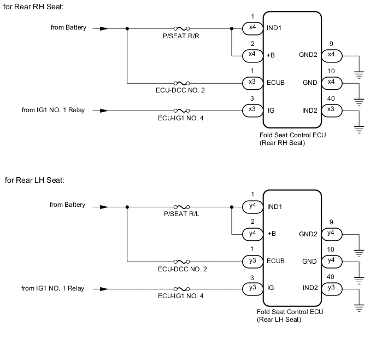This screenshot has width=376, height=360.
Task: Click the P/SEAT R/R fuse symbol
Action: pyautogui.click(x=181, y=28)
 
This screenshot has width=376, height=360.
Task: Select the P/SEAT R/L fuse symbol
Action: pyautogui.click(x=181, y=206)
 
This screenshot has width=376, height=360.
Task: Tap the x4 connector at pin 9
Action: pyautogui.click(x=332, y=55)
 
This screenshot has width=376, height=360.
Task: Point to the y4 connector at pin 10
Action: pyautogui.click(x=332, y=262)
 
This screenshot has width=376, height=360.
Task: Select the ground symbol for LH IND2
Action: pyautogui.click(x=359, y=307)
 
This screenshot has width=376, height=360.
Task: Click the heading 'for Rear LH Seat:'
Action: pyautogui.click(x=34, y=180)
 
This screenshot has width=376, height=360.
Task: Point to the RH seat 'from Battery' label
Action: pyautogui.click(x=68, y=27)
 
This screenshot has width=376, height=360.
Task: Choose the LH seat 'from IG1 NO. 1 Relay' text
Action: pyautogui.click(x=52, y=288)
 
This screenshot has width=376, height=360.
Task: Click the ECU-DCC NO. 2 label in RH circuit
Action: pyautogui.click(x=181, y=90)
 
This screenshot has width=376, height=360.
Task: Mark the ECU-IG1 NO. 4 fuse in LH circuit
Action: pyautogui.click(x=181, y=288)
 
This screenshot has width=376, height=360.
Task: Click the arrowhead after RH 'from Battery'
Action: pyautogui.click(x=104, y=28)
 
